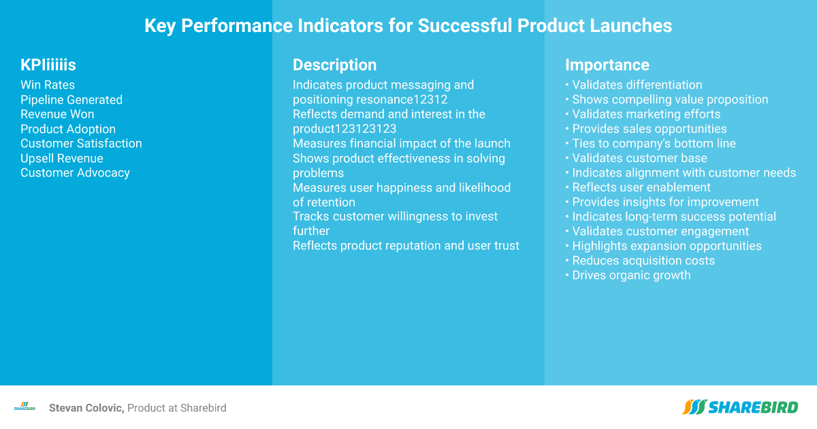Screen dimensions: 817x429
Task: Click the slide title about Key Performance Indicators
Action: pos(408,26)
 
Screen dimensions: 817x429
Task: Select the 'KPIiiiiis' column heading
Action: pos(48,65)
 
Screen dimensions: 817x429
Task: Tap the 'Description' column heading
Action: pos(334,65)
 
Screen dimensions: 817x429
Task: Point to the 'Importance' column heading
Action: pos(607,65)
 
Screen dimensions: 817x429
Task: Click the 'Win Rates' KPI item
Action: pos(48,85)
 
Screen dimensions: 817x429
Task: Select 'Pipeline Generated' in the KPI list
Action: pos(71,99)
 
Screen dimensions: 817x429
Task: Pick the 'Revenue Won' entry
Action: pos(57,114)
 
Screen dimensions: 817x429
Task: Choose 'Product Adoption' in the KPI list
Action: pos(68,129)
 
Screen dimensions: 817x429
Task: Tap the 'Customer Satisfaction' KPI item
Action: pos(81,144)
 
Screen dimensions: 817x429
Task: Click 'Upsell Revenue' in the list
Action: pos(62,158)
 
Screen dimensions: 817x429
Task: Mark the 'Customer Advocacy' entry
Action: pos(75,173)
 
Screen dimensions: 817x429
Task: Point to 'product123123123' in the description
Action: pos(345,129)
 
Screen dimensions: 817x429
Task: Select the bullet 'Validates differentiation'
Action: pos(634,85)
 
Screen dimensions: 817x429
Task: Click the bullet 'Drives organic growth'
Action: pos(628,275)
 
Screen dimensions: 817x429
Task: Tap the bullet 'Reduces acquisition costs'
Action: pos(640,260)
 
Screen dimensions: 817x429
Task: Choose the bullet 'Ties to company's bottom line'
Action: pos(650,144)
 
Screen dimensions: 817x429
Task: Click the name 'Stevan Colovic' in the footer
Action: pos(86,408)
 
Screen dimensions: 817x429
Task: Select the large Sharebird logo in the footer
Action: pos(740,407)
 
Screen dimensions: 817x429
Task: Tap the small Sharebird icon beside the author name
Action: pos(25,407)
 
